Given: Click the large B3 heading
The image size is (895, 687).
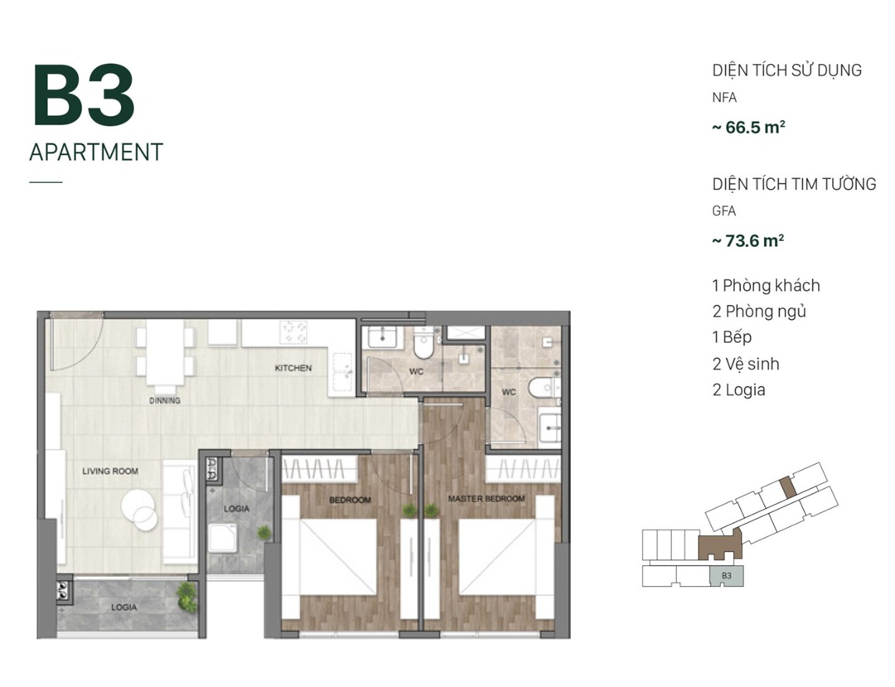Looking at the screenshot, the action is pyautogui.click(x=84, y=94).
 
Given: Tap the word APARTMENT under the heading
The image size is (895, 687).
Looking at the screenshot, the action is pyautogui.click(x=96, y=152).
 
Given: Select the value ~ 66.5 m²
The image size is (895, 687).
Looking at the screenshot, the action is pyautogui.click(x=748, y=127).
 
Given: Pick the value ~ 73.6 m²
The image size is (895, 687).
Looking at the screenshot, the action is pyautogui.click(x=747, y=240).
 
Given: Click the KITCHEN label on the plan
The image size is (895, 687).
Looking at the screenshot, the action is pyautogui.click(x=293, y=368).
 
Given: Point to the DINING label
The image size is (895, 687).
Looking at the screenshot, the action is pyautogui.click(x=165, y=400).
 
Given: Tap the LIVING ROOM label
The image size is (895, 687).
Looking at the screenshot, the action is pyautogui.click(x=110, y=472).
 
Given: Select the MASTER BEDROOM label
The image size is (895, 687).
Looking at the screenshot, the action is pyautogui.click(x=486, y=499).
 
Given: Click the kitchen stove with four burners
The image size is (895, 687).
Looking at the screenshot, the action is pyautogui.click(x=293, y=332).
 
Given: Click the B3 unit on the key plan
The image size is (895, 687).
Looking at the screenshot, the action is pyautogui.click(x=727, y=576).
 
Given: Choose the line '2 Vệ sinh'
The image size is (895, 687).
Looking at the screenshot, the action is pyautogui.click(x=746, y=364).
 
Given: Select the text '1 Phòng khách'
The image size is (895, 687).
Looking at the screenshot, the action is pyautogui.click(x=766, y=285).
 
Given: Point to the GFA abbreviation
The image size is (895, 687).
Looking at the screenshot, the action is pyautogui.click(x=723, y=211).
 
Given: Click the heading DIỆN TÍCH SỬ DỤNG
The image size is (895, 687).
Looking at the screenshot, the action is pyautogui.click(x=786, y=70).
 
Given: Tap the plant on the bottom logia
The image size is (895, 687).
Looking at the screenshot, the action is pyautogui.click(x=186, y=597).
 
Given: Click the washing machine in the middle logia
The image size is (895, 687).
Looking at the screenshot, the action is pyautogui.click(x=223, y=538).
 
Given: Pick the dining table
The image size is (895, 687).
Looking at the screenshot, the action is pyautogui.click(x=165, y=352).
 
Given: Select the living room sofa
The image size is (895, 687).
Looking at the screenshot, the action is pyautogui.click(x=180, y=512).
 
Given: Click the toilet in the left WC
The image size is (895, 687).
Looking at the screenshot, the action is pyautogui.click(x=424, y=345).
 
